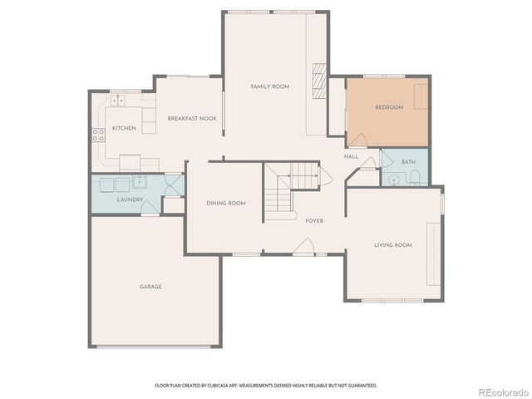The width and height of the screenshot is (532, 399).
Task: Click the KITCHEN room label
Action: click(124, 128)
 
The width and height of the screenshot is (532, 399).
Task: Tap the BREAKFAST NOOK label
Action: click(192, 119)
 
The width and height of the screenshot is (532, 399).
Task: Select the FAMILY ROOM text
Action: click(270, 86)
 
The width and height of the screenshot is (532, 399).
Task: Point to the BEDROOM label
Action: click(389, 107)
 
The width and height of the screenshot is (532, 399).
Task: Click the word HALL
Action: click(351, 156)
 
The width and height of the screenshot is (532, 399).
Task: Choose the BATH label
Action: click(408, 162)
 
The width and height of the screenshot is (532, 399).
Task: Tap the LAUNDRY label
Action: click(131, 199)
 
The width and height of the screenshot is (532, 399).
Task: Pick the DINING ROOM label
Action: click(226, 204)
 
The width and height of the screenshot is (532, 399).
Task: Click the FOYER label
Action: click(314, 220)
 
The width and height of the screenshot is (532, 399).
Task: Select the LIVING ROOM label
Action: click(393, 245)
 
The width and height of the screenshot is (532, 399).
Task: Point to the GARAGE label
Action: click(150, 287)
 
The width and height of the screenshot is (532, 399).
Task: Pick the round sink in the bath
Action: click(391, 178)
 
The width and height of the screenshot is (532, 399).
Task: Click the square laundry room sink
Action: click(140, 183)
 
